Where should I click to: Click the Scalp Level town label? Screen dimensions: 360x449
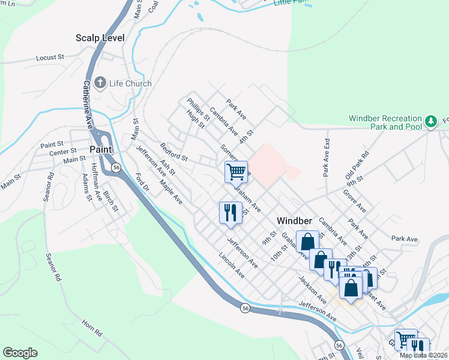coord(100,38)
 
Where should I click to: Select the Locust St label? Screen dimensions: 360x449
coord(50,58)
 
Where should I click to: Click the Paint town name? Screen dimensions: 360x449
coord(98,149)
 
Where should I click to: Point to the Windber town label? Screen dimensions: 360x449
coord(293,220)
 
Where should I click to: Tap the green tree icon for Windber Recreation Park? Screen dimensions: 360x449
coord(430,122)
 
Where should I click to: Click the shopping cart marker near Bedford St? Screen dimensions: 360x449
coord(237,172)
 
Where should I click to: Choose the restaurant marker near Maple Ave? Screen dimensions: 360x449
coord(231,212)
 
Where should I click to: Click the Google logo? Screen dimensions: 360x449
coord(20,353)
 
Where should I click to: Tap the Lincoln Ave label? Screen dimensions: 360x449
coord(232,265)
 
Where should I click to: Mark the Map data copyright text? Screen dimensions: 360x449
coord(423,355)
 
